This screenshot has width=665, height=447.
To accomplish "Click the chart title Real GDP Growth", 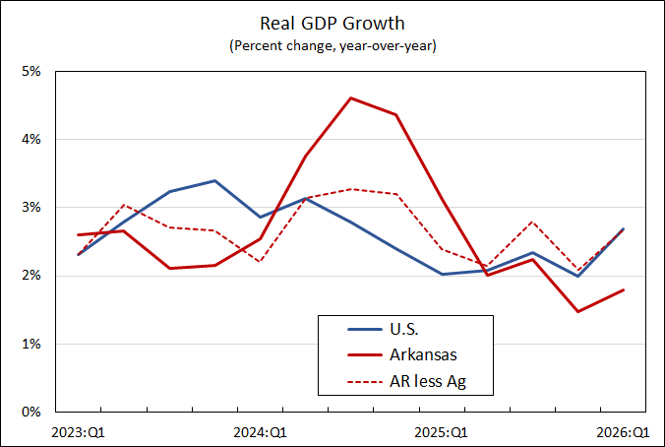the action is click(332, 24).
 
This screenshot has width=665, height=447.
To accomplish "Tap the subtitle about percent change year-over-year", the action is click(332, 45).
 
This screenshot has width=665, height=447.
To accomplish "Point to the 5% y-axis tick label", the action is click(30, 71).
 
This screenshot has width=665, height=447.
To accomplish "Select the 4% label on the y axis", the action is click(30, 139).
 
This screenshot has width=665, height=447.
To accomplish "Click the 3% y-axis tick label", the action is click(30, 208).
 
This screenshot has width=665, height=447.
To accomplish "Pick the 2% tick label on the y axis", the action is click(30, 276).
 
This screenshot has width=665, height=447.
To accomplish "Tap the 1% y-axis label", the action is click(30, 344).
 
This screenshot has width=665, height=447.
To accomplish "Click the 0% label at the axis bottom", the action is click(30, 412).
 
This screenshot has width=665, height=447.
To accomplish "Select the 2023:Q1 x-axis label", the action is click(78, 432).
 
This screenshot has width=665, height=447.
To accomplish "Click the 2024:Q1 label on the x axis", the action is click(260, 432).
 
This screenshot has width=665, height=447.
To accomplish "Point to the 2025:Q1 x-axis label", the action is click(441, 432).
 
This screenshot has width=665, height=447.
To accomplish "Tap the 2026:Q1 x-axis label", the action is click(623, 432).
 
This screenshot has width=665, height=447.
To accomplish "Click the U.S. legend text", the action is click(403, 329).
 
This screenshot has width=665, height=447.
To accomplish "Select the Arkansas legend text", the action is click(423, 354).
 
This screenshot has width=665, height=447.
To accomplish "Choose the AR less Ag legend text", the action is click(428, 381).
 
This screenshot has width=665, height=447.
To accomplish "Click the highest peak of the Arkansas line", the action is click(351, 98).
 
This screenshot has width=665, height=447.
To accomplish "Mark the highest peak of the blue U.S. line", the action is click(214, 181).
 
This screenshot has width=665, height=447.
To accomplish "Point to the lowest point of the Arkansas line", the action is click(578, 311).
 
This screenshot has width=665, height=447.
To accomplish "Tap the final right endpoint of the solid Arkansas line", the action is click(624, 289).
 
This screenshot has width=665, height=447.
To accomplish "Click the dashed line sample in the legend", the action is click(365, 382).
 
